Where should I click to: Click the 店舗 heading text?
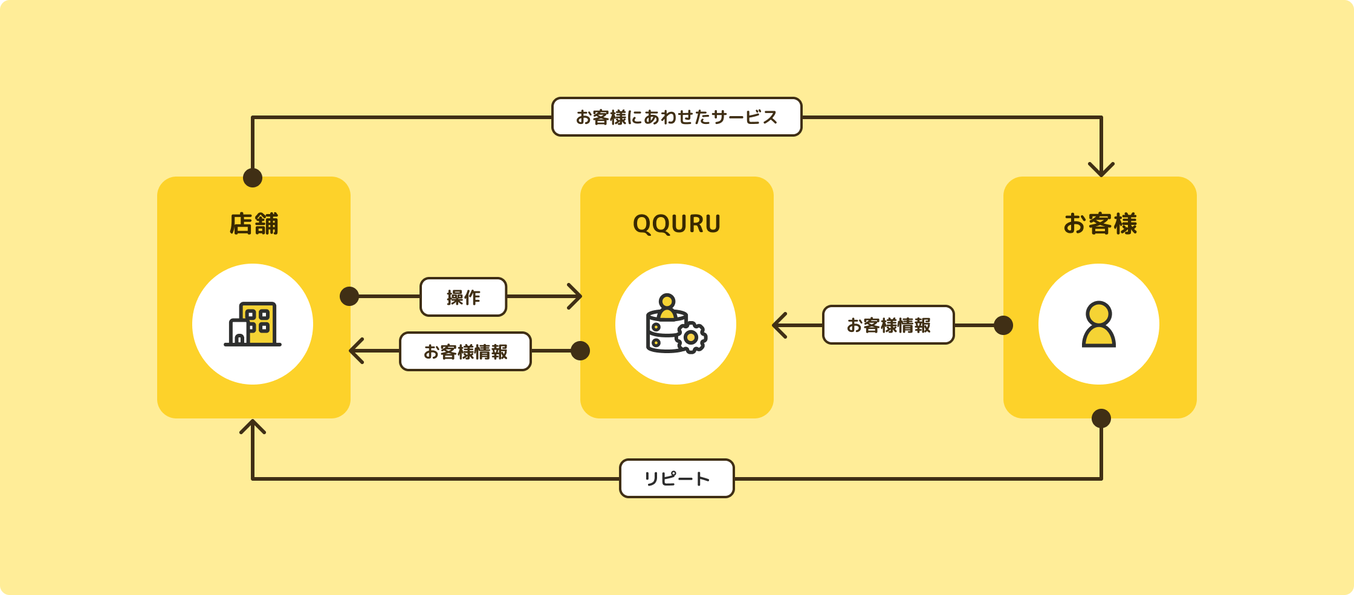[254, 224]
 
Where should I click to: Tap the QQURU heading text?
[676, 224]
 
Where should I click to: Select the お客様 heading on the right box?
[1100, 224]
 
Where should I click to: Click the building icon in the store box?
[253, 324]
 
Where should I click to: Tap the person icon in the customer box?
[1099, 324]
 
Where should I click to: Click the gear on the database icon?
[692, 337]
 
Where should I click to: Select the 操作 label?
[463, 297]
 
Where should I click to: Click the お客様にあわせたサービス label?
[676, 117]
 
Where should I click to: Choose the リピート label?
[676, 478]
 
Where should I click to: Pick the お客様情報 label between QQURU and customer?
[888, 325]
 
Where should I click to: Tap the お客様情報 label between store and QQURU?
[465, 351]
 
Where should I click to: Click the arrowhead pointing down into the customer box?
[1101, 169]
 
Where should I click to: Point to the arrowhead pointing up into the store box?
[253, 426]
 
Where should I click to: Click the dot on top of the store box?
[253, 178]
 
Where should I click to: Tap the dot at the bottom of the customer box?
[1101, 418]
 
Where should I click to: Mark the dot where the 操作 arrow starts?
[349, 296]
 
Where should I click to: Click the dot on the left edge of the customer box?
[1003, 325]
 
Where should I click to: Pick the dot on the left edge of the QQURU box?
[580, 351]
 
